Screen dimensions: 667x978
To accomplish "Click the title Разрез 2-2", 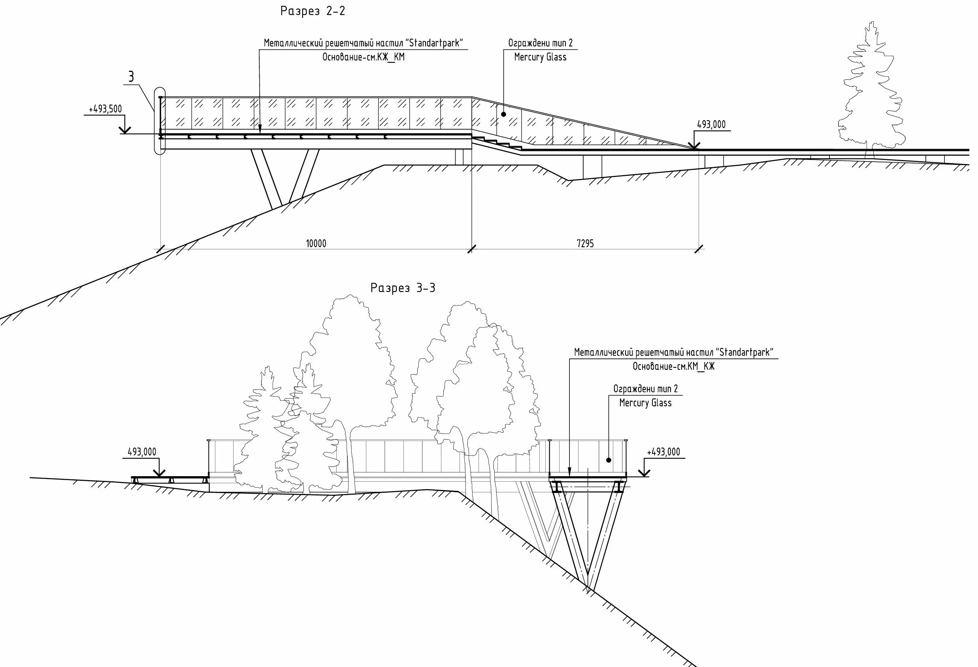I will click(313, 11).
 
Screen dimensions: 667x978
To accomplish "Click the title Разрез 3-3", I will click(403, 288).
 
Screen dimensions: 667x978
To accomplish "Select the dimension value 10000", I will click(316, 244).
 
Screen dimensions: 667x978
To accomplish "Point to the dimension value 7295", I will click(585, 244).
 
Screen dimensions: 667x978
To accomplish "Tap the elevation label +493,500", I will click(105, 109).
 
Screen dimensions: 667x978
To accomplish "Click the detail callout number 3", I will click(131, 77).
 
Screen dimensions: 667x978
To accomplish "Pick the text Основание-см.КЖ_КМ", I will click(364, 57).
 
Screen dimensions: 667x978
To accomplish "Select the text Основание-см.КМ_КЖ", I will click(673, 367).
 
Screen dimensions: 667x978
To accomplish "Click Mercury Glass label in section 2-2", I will click(540, 57).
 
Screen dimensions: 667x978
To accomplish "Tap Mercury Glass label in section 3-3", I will click(645, 403).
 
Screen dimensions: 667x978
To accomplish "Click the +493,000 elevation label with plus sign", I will click(663, 452).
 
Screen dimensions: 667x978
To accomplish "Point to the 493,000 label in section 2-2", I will click(711, 124).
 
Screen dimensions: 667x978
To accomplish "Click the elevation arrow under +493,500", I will click(125, 130).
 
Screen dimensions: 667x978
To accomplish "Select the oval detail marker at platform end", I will click(160, 121).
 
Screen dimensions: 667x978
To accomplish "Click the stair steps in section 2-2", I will click(497, 142).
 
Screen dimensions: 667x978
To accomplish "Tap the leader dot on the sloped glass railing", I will click(504, 114).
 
